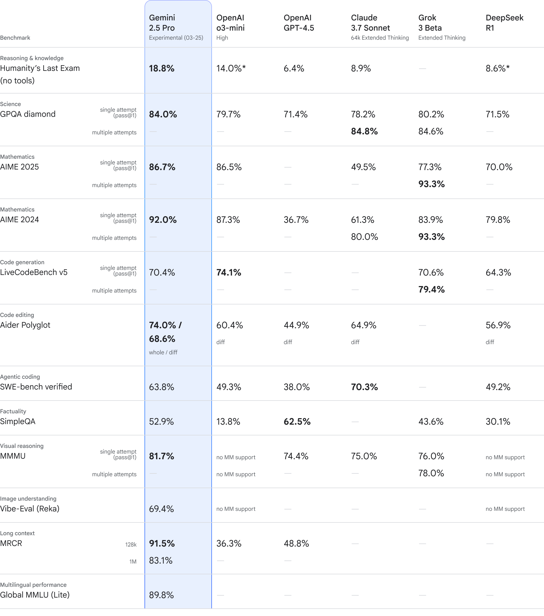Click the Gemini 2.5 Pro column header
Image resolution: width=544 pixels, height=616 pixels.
[176, 27]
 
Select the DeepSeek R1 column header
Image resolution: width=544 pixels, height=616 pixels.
[504, 23]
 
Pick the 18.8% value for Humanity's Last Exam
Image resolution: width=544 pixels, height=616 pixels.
[161, 68]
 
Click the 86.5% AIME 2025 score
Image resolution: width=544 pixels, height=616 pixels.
[229, 167]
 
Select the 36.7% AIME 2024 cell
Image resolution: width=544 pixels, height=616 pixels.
[296, 220]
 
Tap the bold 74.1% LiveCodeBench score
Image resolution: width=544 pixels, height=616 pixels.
[229, 272]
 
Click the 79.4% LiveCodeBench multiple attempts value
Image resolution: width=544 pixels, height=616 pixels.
[431, 289]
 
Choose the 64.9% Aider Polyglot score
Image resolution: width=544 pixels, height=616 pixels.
[363, 325]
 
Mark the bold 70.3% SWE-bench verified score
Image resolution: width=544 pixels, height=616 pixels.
[364, 387]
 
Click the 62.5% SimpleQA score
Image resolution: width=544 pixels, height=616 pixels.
[297, 421]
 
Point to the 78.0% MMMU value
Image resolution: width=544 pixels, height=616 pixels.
[431, 473]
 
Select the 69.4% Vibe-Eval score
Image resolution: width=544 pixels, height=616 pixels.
[161, 509]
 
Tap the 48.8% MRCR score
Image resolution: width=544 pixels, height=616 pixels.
[296, 543]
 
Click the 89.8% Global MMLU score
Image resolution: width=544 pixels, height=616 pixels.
[161, 595]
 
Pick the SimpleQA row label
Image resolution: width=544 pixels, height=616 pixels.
[18, 421]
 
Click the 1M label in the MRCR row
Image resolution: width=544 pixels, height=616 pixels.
[133, 562]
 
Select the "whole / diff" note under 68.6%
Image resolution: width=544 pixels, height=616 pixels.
[163, 352]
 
